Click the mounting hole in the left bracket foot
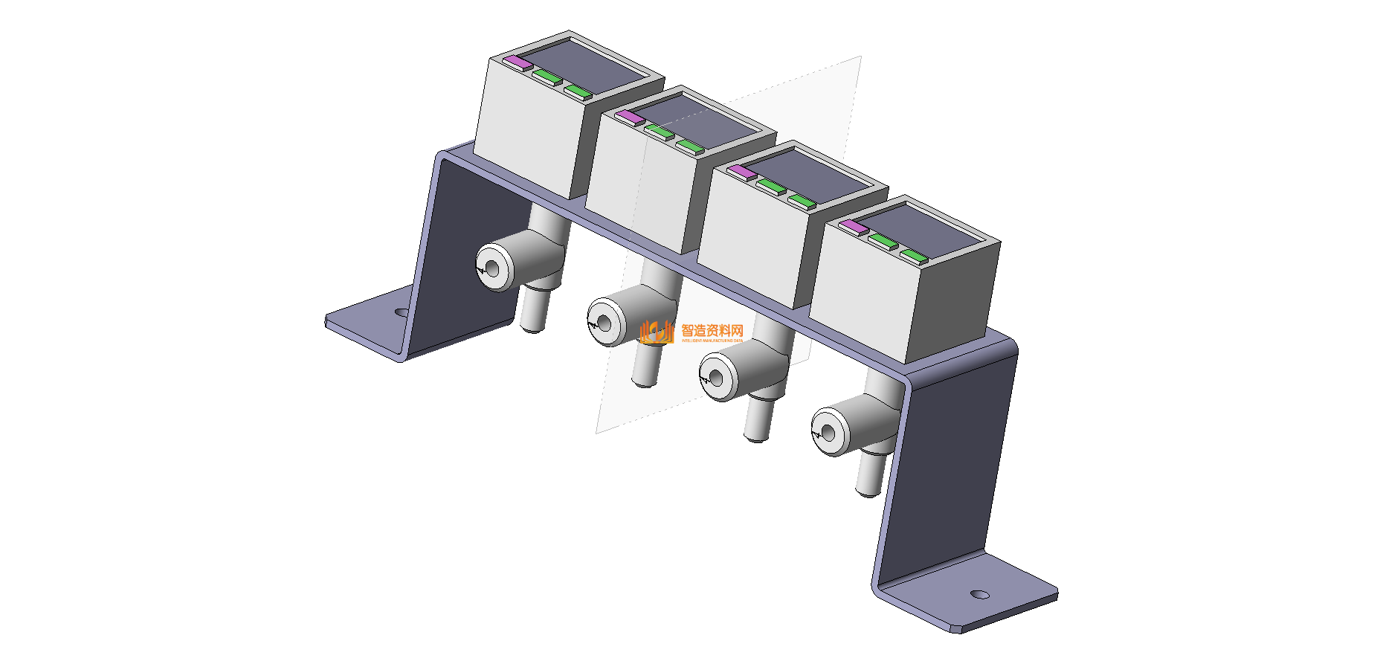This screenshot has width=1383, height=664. point(402,313)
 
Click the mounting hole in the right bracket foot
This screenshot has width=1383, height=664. point(980,594)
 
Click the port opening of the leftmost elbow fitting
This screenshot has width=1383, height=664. point(491,267)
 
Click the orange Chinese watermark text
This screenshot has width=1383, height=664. point(712,331)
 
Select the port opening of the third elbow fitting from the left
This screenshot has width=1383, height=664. point(716,378)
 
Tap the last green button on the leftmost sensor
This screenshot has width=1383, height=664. point(578,91)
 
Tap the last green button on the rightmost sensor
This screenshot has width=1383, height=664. point(914,257)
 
